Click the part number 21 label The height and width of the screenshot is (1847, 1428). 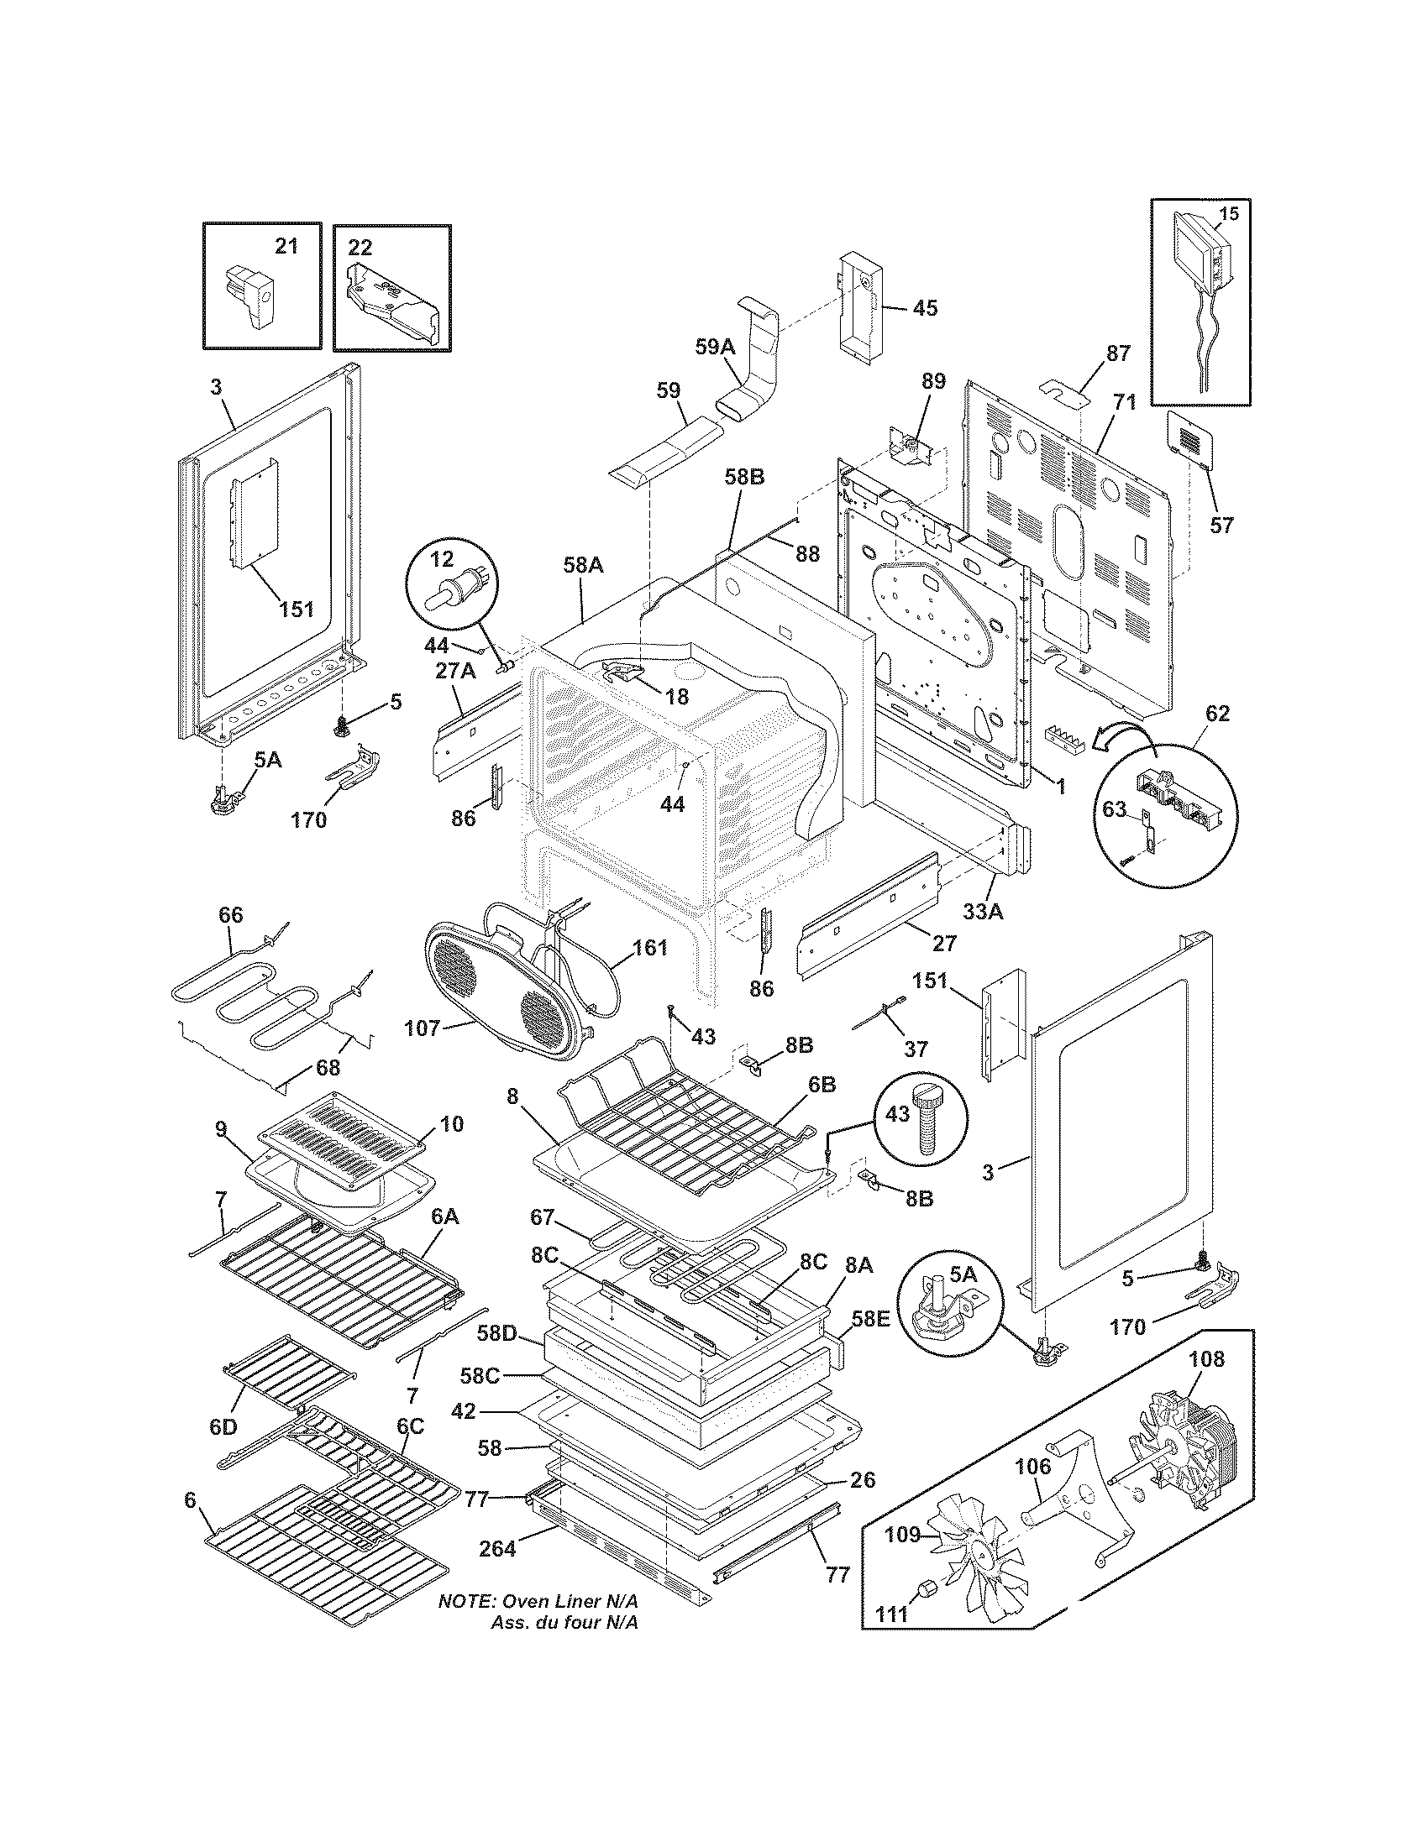286,246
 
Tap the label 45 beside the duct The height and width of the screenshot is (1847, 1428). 925,308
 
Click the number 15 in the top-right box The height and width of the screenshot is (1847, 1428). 1228,213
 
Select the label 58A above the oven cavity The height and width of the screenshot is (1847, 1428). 583,566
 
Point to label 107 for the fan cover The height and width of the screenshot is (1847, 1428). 423,1028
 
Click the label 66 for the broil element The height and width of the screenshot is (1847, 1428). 230,915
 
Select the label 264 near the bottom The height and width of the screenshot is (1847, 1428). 496,1549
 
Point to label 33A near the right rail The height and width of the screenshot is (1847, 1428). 982,912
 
